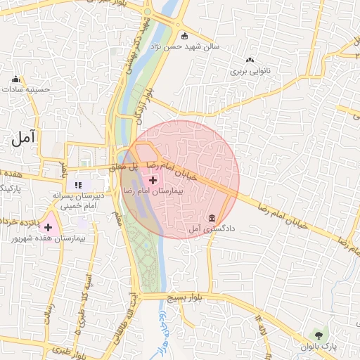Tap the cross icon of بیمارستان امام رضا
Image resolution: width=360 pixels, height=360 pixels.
pos(153,181)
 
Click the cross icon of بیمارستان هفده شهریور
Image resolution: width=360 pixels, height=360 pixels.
pos(48,227)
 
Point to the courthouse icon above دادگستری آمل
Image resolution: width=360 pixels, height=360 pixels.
pos(213,217)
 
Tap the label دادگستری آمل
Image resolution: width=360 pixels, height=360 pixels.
pos(214,229)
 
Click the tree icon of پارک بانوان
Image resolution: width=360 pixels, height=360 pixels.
pos(320,334)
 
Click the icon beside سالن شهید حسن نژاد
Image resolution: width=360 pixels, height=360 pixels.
pos(185,36)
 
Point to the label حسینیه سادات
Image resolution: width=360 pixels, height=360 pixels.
pos(27,89)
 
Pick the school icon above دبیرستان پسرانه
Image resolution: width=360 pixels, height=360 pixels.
pos(89,185)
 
